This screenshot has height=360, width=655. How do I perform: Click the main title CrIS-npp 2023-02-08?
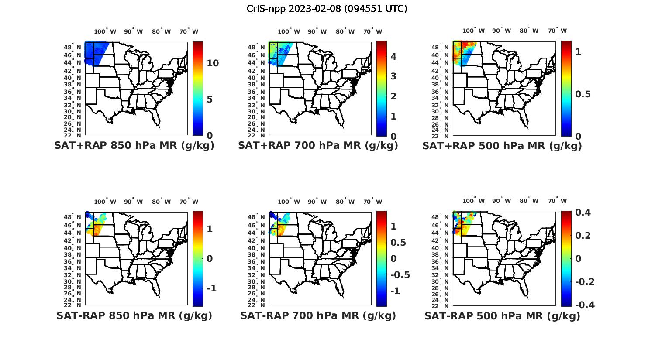tap(327, 9)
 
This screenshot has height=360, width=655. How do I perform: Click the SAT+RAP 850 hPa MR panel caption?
tap(134, 146)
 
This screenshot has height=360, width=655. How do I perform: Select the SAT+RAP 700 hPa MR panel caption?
tap(318, 146)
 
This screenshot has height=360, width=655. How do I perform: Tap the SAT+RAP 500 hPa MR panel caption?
tap(502, 146)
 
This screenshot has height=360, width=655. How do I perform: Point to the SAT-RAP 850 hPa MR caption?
tap(134, 315)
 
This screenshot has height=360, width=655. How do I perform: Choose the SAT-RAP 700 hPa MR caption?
tap(318, 315)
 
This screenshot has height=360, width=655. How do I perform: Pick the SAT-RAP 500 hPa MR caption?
tap(502, 316)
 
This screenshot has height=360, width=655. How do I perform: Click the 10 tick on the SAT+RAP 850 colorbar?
tap(213, 63)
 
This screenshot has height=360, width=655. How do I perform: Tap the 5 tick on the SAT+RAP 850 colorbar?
tap(210, 99)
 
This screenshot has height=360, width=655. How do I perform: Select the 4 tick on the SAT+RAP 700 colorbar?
tap(393, 56)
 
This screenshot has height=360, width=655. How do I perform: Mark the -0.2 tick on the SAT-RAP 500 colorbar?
tap(584, 281)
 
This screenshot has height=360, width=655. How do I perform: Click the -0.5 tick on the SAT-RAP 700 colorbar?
tap(400, 275)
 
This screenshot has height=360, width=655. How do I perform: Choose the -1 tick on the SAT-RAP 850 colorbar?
tap(211, 288)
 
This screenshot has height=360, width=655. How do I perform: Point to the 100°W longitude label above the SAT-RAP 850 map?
tap(105, 202)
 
